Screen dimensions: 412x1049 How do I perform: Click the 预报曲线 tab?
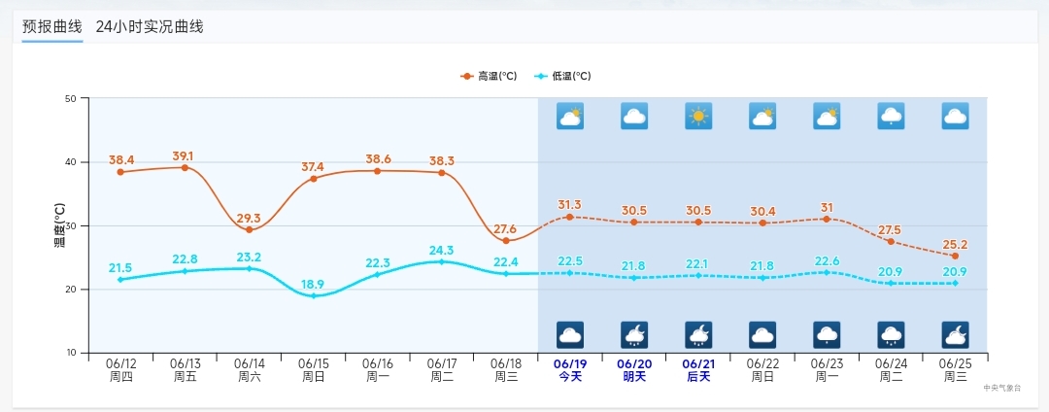(52, 26)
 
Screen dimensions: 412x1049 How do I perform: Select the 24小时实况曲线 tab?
(150, 26)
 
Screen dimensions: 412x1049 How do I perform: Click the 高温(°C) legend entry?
(490, 76)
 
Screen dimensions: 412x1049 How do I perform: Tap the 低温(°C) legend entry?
(563, 76)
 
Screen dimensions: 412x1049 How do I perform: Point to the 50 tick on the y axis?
(71, 98)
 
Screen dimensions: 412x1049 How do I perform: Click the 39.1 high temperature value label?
(183, 155)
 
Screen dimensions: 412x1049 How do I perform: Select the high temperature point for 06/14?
(249, 229)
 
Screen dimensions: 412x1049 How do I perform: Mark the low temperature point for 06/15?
(313, 295)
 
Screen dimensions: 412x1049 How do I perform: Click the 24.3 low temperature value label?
(441, 251)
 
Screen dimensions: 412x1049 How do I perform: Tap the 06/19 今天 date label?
(569, 369)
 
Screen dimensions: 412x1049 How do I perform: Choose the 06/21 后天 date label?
(698, 369)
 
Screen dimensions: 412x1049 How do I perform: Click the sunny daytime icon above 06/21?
(698, 117)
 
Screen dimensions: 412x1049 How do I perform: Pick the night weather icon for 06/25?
(955, 334)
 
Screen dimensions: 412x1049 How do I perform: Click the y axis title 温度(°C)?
(59, 225)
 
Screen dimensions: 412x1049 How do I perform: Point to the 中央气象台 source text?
(1001, 387)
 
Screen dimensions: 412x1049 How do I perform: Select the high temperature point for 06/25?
(955, 256)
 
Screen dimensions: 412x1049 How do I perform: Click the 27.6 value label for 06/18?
(505, 229)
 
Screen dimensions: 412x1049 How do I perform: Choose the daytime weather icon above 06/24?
(891, 117)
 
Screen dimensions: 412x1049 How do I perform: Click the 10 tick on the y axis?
(71, 353)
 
